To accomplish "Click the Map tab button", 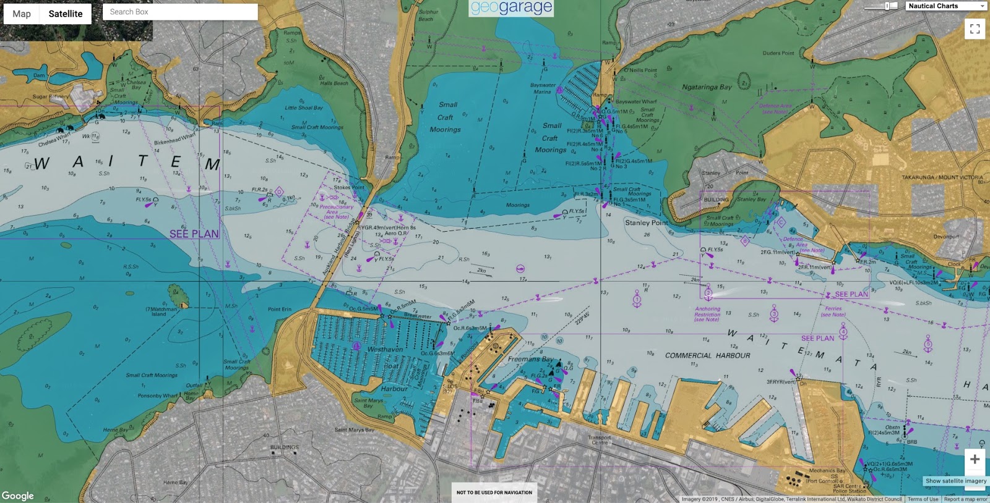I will (22, 14).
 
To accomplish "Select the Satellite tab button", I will (66, 14).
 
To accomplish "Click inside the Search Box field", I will (179, 12).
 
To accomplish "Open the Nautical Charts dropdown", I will (946, 6).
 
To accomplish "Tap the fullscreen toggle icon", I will (975, 28).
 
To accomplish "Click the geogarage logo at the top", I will (511, 8).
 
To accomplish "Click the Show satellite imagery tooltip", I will (956, 481).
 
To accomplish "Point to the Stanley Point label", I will (646, 222).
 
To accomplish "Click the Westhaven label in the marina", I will (385, 349).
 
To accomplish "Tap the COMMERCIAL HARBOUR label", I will (707, 356).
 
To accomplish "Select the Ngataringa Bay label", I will (707, 87).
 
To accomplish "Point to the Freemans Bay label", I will (530, 359).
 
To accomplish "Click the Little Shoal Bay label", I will (303, 108).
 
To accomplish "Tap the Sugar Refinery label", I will (51, 96).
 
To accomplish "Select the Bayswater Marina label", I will (542, 88).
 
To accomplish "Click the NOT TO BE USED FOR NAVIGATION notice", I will (494, 492).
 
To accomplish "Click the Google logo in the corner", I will (18, 496).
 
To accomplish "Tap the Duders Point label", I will (778, 53).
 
